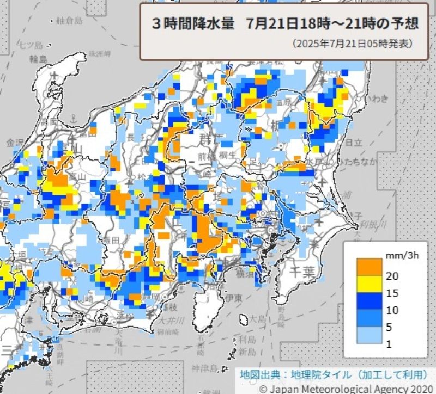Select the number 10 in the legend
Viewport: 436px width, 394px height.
pyautogui.click(x=392, y=310)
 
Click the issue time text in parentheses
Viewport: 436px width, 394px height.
pyautogui.click(x=352, y=43)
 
